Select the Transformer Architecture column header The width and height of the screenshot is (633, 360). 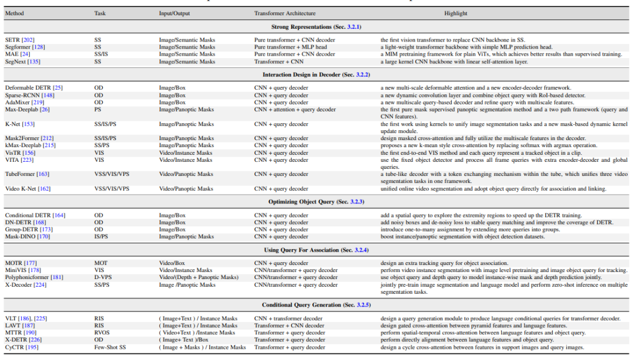point(285,13)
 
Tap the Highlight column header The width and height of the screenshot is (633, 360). point(455,13)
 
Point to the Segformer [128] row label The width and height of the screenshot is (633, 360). point(25,47)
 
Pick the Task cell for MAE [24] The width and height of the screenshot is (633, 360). point(101,54)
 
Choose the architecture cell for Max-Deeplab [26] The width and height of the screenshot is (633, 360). point(295,109)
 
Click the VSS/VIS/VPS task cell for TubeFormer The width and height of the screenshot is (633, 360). point(111,174)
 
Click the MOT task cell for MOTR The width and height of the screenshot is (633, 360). point(101,263)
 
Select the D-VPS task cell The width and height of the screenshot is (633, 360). point(103,277)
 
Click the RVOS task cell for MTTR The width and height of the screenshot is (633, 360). point(102,332)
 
